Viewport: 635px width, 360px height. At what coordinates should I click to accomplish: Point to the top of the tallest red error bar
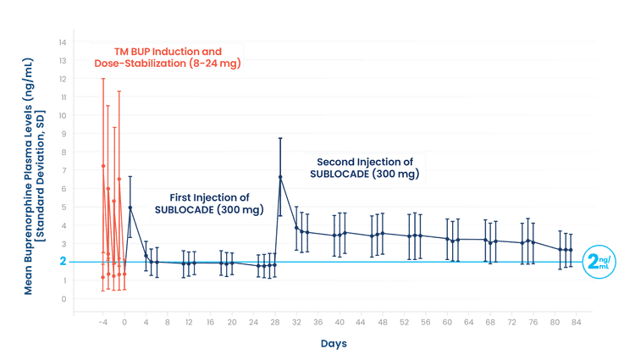tap(102, 79)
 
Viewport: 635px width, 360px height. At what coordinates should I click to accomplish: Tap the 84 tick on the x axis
tap(576, 323)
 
